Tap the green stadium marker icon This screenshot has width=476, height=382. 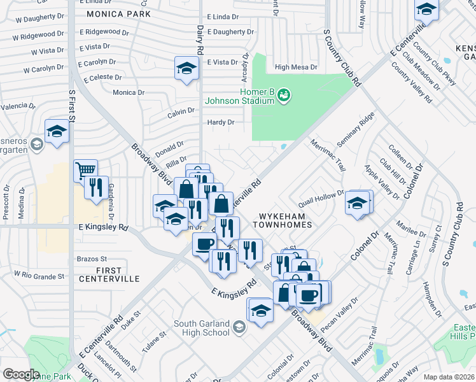click(284, 95)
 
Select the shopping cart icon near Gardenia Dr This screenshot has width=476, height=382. click(85, 170)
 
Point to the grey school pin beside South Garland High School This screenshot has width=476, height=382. click(239, 328)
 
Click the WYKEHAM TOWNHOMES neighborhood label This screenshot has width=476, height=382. click(283, 220)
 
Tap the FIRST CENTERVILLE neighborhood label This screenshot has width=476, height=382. click(109, 274)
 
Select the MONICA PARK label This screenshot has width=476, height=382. click(118, 13)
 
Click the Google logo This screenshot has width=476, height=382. click(21, 374)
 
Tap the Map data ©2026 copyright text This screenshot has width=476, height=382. click(449, 377)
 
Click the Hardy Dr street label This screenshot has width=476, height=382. click(221, 122)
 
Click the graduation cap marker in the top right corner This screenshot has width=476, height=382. click(426, 10)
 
